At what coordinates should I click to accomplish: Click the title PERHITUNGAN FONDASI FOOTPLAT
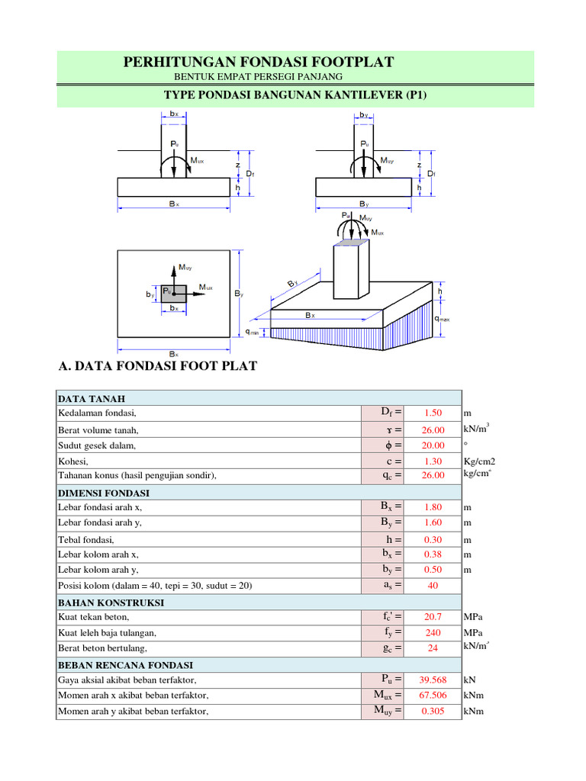[259, 62]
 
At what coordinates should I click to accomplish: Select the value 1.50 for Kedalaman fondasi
[433, 413]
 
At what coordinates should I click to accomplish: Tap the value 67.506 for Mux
[433, 695]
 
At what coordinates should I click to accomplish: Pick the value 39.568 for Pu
[433, 679]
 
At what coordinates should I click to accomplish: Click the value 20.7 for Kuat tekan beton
[433, 616]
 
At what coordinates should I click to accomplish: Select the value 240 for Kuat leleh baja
[433, 632]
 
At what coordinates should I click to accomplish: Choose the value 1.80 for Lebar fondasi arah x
[433, 507]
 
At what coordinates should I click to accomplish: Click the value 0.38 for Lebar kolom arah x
[433, 554]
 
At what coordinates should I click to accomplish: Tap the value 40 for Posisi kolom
[433, 586]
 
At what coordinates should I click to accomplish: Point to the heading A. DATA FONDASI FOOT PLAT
[158, 366]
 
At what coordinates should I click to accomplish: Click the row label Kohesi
[73, 461]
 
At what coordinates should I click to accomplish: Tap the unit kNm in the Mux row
[474, 695]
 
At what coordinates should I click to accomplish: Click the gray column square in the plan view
[174, 292]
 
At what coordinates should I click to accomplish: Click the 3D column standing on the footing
[350, 267]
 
